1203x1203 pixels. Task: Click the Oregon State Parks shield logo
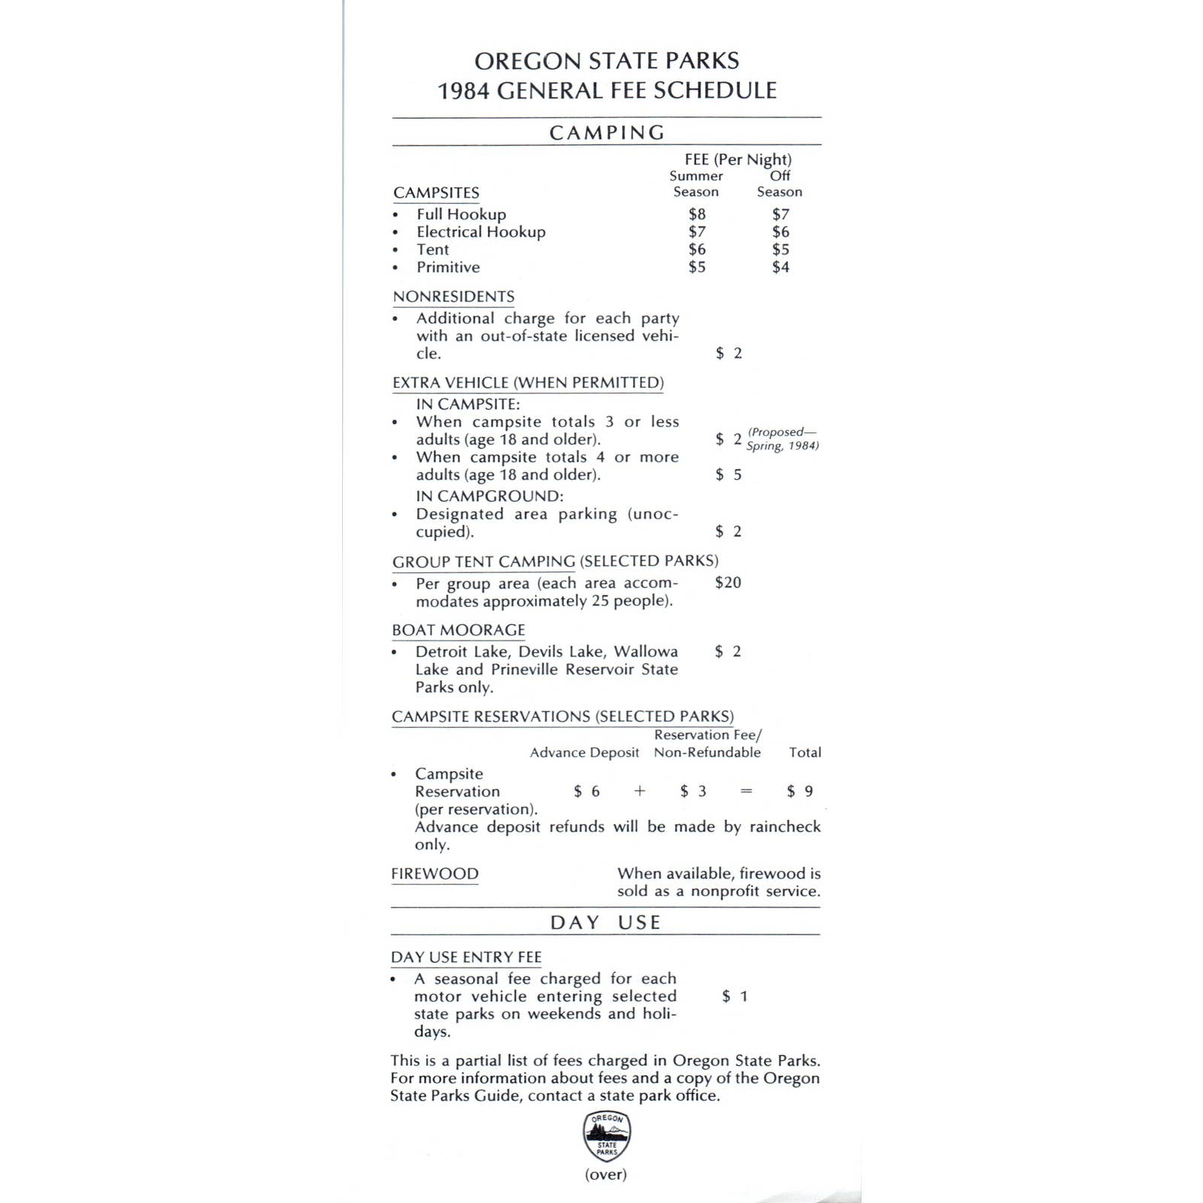point(607,1137)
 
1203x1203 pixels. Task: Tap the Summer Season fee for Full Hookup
point(697,214)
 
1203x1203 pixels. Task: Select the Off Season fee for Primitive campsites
point(780,267)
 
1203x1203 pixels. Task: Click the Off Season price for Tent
point(780,250)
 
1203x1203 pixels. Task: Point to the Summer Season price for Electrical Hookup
point(697,232)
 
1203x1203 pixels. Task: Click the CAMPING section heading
point(607,133)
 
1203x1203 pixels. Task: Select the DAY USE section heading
point(605,923)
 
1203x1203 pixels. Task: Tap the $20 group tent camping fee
point(728,583)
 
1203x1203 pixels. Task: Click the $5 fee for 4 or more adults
point(728,474)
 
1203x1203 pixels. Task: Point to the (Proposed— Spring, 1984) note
point(782,439)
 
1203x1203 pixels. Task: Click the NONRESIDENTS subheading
point(453,297)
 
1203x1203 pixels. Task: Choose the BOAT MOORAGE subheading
point(458,630)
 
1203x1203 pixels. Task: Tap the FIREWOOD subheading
point(435,874)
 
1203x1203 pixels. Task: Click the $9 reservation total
point(800,791)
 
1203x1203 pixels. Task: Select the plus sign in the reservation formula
point(640,791)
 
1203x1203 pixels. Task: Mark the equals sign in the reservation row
point(747,791)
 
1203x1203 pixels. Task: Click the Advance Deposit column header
point(584,753)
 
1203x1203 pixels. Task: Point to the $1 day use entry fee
point(735,996)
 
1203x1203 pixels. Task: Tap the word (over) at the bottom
point(606,1174)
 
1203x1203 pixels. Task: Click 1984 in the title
point(464,91)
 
